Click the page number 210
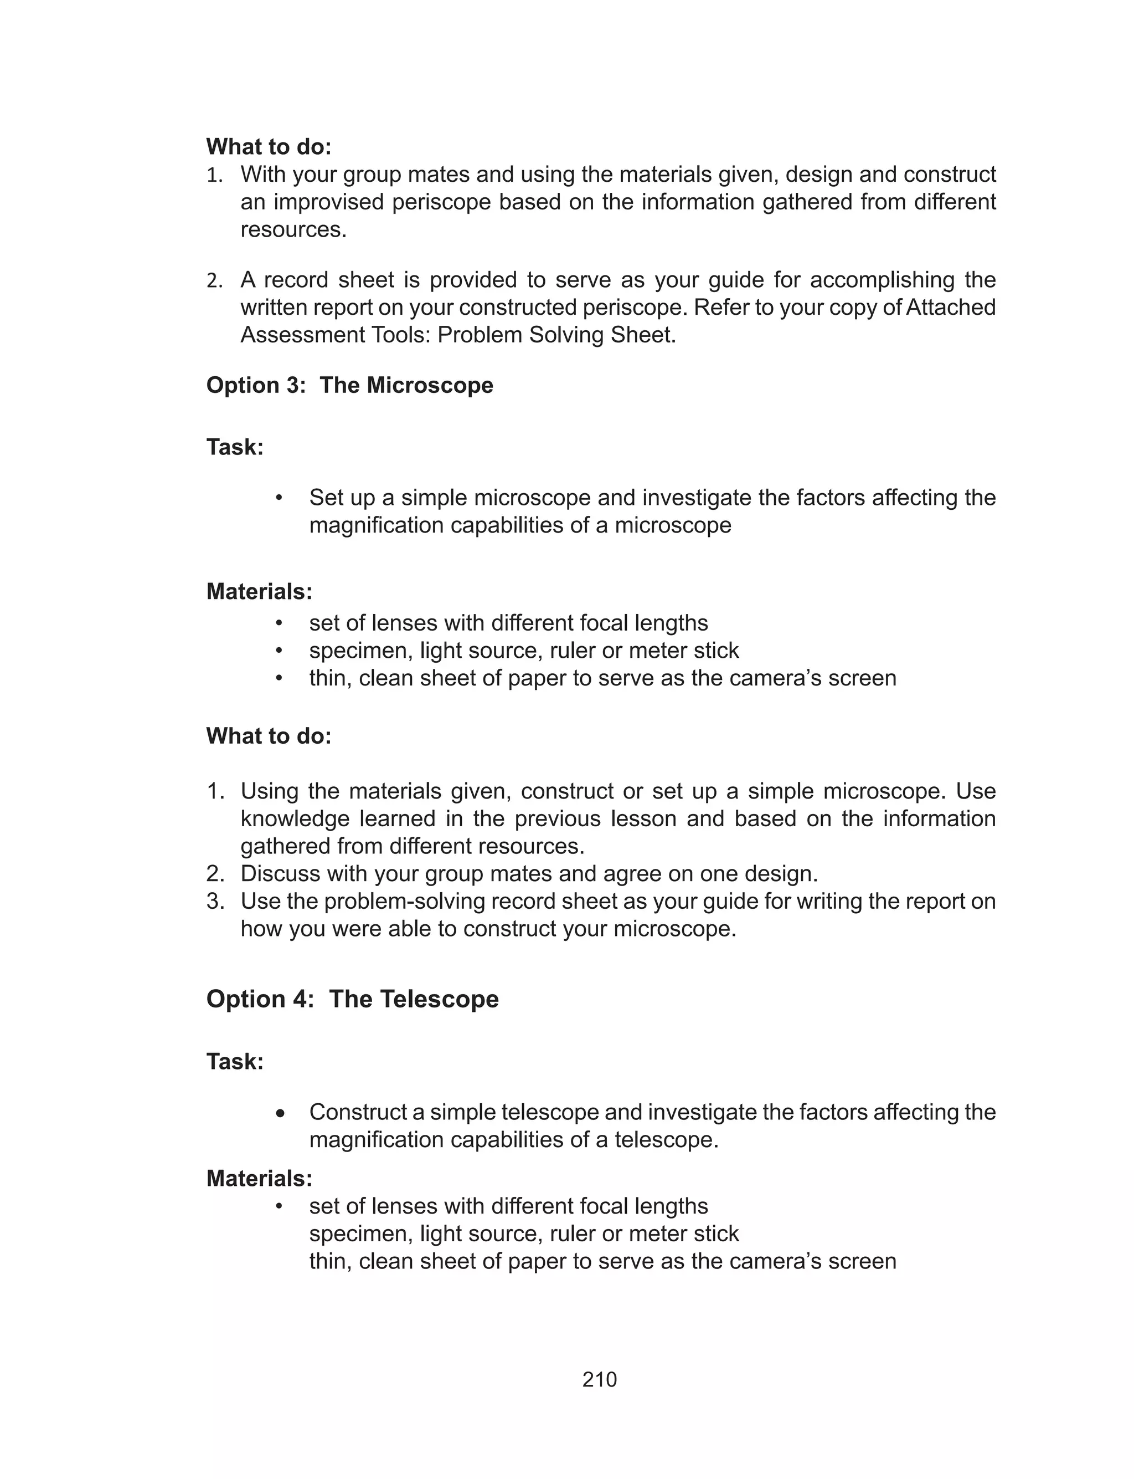click(600, 1380)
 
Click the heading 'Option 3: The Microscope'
click(349, 385)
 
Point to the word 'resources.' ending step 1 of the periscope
click(293, 229)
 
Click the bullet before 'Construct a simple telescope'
click(281, 1112)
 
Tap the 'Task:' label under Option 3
click(235, 447)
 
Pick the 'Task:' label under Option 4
click(235, 1062)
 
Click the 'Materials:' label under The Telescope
click(259, 1179)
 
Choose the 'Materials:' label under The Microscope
click(259, 592)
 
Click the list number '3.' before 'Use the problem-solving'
click(215, 901)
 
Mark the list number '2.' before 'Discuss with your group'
click(215, 873)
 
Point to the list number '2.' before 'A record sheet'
click(215, 280)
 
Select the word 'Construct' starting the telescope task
click(358, 1112)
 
